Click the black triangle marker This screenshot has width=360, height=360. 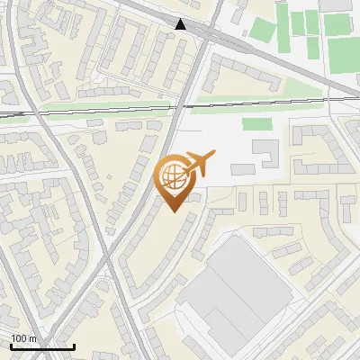(181, 24)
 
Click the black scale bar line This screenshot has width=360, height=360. (41, 346)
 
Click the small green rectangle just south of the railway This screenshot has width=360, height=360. (256, 123)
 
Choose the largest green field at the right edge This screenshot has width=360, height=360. (343, 54)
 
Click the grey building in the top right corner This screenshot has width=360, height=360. (337, 5)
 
